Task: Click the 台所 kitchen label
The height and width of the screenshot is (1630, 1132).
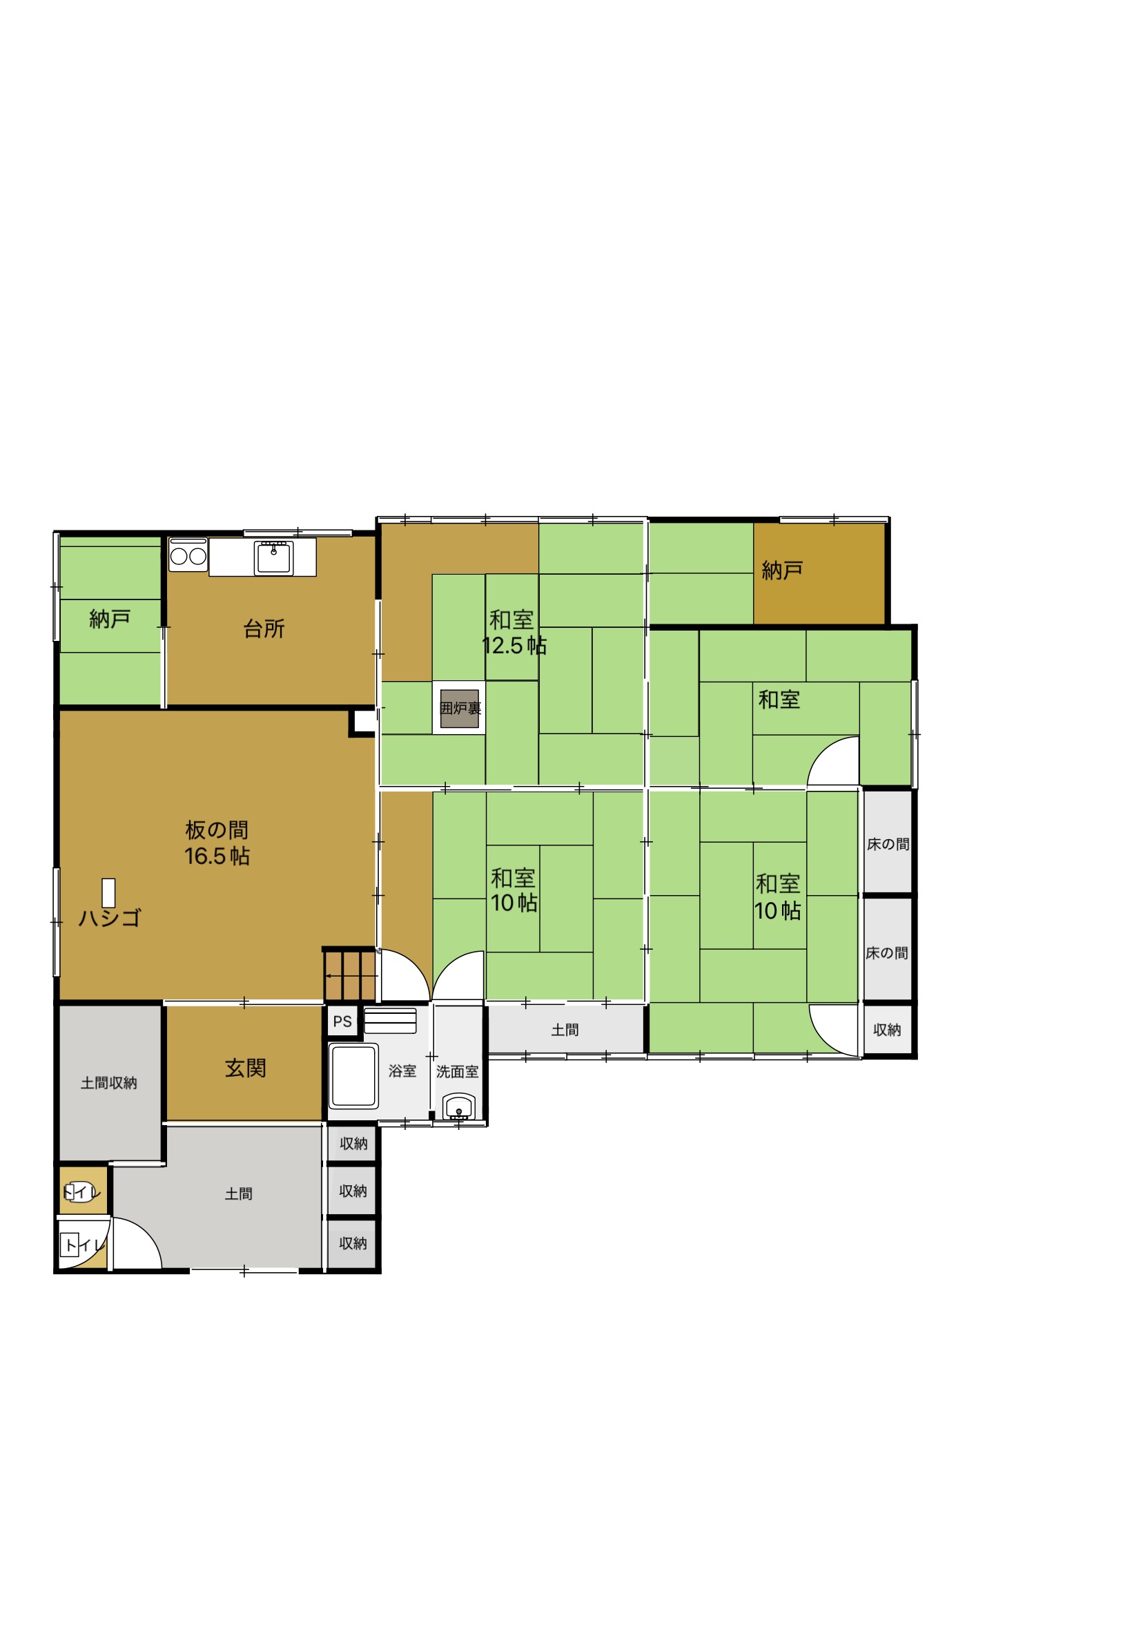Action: tap(264, 629)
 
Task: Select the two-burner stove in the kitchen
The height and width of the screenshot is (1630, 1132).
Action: tap(188, 555)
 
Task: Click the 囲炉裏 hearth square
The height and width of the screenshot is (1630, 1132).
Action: tap(460, 707)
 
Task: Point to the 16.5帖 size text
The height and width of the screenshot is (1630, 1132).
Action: tap(217, 856)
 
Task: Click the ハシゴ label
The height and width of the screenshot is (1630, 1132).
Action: tap(109, 918)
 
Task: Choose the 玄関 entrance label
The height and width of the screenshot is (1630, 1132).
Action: tap(246, 1068)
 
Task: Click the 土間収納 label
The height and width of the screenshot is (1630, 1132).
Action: tap(108, 1083)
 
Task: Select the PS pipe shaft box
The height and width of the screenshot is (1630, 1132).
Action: tap(342, 1022)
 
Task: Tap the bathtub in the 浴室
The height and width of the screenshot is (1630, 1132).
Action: tap(353, 1075)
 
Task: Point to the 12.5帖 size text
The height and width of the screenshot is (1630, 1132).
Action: tap(514, 646)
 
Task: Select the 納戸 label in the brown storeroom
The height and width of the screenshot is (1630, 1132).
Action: tap(781, 570)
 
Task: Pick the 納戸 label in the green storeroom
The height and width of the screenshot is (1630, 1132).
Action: tap(110, 619)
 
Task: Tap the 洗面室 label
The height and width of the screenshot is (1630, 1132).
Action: tap(458, 1071)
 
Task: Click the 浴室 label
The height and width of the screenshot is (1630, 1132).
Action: tap(402, 1071)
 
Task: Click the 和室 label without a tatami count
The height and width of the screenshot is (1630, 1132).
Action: tap(779, 700)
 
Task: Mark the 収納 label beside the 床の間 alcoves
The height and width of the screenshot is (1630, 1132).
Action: tap(886, 1030)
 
